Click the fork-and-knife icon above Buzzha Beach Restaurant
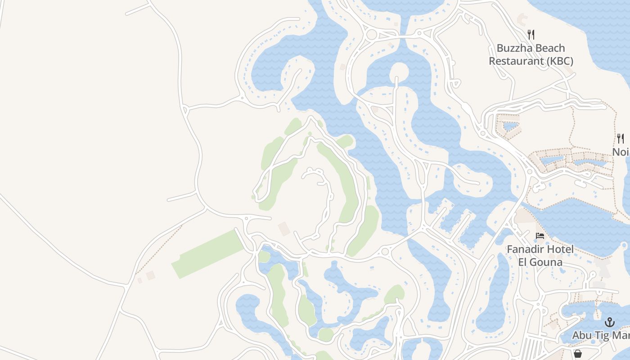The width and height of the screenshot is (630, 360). coord(531,34)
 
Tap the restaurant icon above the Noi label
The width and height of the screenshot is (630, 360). coord(621,138)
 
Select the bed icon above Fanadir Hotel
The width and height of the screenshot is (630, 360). coord(540,236)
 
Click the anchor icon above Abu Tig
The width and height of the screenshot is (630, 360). coord(610,322)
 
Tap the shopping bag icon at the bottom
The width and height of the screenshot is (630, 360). coord(577,354)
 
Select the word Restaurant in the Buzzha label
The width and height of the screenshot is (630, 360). coord(513,61)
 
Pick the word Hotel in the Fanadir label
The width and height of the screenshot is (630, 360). coord(560,249)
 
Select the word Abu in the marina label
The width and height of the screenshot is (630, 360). coord(581,336)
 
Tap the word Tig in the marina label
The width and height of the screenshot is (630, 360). coord(602,336)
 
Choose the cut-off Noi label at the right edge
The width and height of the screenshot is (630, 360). coord(621,152)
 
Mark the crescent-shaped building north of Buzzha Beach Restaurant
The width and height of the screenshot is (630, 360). coord(522,19)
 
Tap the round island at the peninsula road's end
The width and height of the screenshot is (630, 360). coord(398,72)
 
